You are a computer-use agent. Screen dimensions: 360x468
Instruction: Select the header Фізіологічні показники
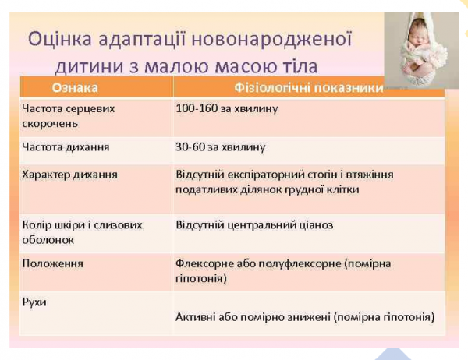(x=309, y=87)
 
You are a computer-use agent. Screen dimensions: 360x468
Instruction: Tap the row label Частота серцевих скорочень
(x=68, y=115)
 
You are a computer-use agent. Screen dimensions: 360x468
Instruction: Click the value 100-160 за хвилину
(x=227, y=108)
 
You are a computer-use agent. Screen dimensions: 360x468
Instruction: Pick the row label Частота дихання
(x=65, y=146)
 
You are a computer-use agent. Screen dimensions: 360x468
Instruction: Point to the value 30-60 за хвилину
(x=222, y=146)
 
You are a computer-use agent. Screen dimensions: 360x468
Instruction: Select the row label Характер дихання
(x=69, y=174)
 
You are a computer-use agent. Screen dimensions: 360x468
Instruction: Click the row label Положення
(x=52, y=263)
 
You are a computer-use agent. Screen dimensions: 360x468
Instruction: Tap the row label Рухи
(x=34, y=301)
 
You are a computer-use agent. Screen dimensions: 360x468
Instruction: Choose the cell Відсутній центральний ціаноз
(x=254, y=224)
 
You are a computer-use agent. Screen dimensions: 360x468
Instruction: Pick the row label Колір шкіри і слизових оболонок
(x=82, y=231)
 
